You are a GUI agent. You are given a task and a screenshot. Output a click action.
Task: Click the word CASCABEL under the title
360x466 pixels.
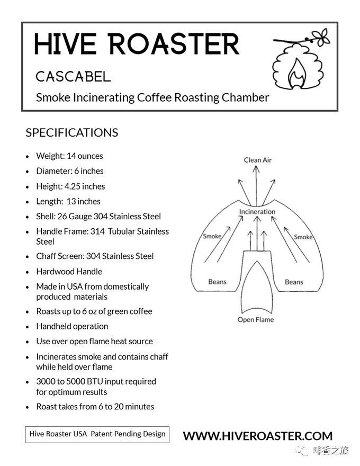tap(73, 77)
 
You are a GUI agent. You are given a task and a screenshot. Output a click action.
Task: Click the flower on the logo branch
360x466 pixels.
tap(321, 37)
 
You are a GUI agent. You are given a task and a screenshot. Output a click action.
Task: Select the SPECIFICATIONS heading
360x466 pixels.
tap(72, 132)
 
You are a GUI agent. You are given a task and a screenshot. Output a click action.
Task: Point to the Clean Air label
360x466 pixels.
tap(257, 160)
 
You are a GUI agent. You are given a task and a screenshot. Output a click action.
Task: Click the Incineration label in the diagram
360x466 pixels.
tap(257, 212)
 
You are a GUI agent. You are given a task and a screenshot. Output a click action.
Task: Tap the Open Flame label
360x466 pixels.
tap(256, 319)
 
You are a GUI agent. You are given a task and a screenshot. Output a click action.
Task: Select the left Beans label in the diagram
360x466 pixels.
tap(218, 282)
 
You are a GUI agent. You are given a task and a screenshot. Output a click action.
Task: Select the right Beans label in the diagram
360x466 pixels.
tap(294, 282)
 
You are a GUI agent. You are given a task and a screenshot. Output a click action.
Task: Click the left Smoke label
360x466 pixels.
tap(212, 236)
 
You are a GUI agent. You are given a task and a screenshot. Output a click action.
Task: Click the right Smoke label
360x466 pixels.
tap(303, 237)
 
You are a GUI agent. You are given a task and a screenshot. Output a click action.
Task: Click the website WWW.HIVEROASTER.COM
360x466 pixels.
tap(257, 436)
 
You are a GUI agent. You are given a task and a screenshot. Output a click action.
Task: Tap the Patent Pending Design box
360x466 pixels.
tap(97, 435)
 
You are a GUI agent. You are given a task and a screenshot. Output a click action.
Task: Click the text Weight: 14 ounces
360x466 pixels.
tap(69, 156)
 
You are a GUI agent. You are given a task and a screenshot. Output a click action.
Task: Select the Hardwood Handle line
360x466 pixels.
tap(69, 271)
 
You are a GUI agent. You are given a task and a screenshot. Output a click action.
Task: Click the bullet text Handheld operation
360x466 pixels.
tap(72, 326)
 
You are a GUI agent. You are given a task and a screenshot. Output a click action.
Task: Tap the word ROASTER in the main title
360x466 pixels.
tap(174, 44)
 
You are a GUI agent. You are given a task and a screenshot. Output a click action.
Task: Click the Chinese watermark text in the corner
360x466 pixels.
tap(330, 450)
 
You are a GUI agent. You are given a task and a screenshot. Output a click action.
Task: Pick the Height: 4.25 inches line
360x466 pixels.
tap(71, 186)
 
